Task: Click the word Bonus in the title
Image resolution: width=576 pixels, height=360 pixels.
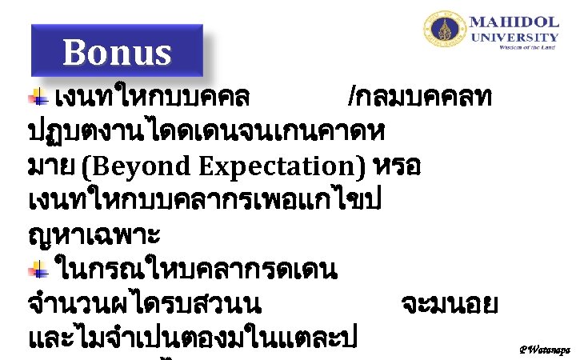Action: click(x=117, y=53)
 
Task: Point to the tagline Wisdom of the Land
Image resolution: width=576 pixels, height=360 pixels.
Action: click(x=527, y=48)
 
